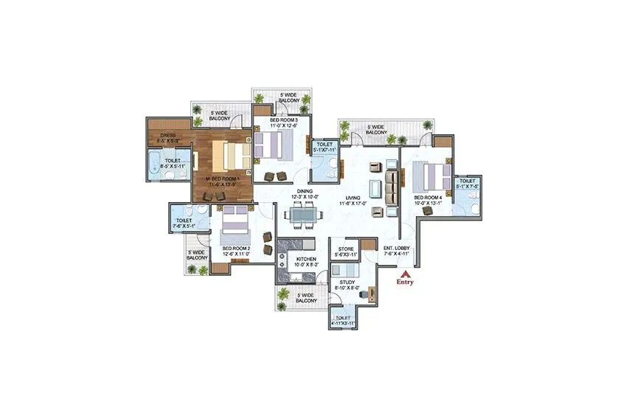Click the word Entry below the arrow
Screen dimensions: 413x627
[x=404, y=282]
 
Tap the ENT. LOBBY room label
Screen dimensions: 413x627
[x=396, y=250]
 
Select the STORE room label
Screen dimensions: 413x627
[x=346, y=249]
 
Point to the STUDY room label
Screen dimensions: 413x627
[x=347, y=282]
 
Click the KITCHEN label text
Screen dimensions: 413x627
[x=306, y=260]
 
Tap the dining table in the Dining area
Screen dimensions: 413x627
[x=301, y=215]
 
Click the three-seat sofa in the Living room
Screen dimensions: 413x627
[x=392, y=186]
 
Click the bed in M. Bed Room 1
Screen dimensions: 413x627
[x=230, y=155]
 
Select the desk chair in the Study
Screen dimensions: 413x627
[x=361, y=294]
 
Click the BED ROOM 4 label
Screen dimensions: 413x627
[x=427, y=198]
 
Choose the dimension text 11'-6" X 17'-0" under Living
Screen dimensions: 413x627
[x=353, y=204]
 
